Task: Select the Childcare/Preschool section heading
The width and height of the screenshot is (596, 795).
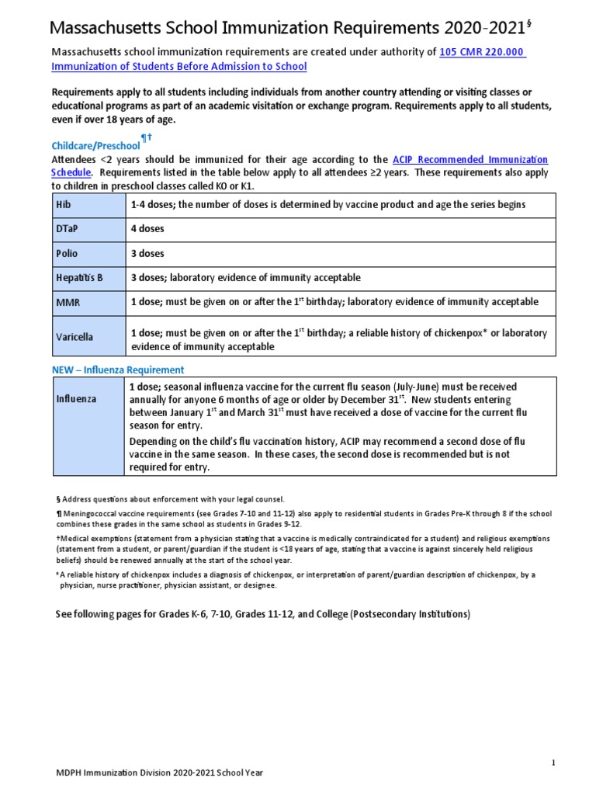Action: click(95, 145)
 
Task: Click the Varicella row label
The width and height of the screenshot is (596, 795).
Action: click(74, 337)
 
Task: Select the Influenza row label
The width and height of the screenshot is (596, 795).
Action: click(76, 399)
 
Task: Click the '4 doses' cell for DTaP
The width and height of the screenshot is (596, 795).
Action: click(147, 229)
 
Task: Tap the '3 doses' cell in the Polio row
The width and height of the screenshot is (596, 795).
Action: click(147, 254)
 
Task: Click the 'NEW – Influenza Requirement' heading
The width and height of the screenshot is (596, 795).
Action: click(118, 370)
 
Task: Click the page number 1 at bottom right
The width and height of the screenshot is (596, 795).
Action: click(553, 763)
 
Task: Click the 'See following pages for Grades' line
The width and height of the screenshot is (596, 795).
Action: click(262, 614)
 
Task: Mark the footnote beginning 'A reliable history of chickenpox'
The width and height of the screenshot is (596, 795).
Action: click(295, 579)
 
